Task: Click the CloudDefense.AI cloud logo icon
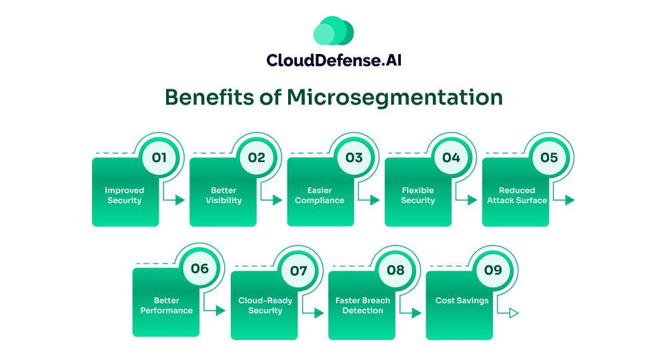click(x=333, y=31)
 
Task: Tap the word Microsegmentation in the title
click(x=395, y=97)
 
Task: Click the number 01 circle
click(x=159, y=158)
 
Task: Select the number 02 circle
click(x=256, y=158)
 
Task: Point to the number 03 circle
click(x=354, y=158)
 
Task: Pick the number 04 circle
click(x=452, y=158)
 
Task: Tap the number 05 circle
click(x=549, y=158)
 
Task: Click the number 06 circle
click(x=199, y=269)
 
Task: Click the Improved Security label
click(x=124, y=195)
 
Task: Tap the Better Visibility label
click(x=223, y=195)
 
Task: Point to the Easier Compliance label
click(x=319, y=195)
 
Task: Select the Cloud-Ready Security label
click(x=265, y=305)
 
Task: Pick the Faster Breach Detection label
click(x=362, y=305)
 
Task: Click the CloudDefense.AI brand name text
click(x=333, y=61)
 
